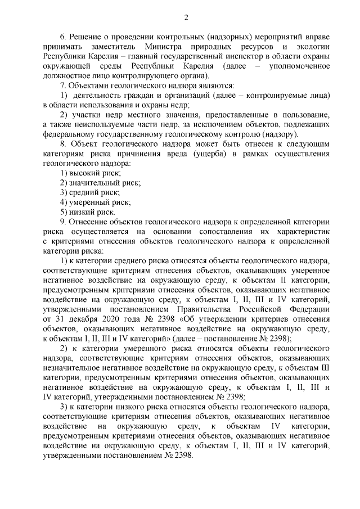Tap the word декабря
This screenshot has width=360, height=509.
[84, 319]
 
